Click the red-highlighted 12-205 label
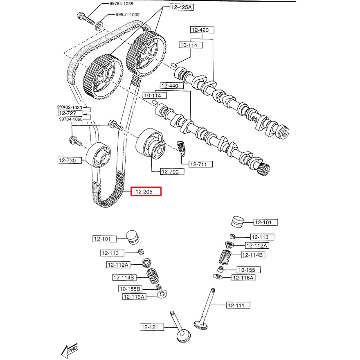pos(146,191)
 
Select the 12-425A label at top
pos(181,7)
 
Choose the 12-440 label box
pos(170,85)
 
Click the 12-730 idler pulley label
pos(67,161)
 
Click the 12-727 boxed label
pos(67,113)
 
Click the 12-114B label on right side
pos(254,255)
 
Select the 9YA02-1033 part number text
pos(70,107)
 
